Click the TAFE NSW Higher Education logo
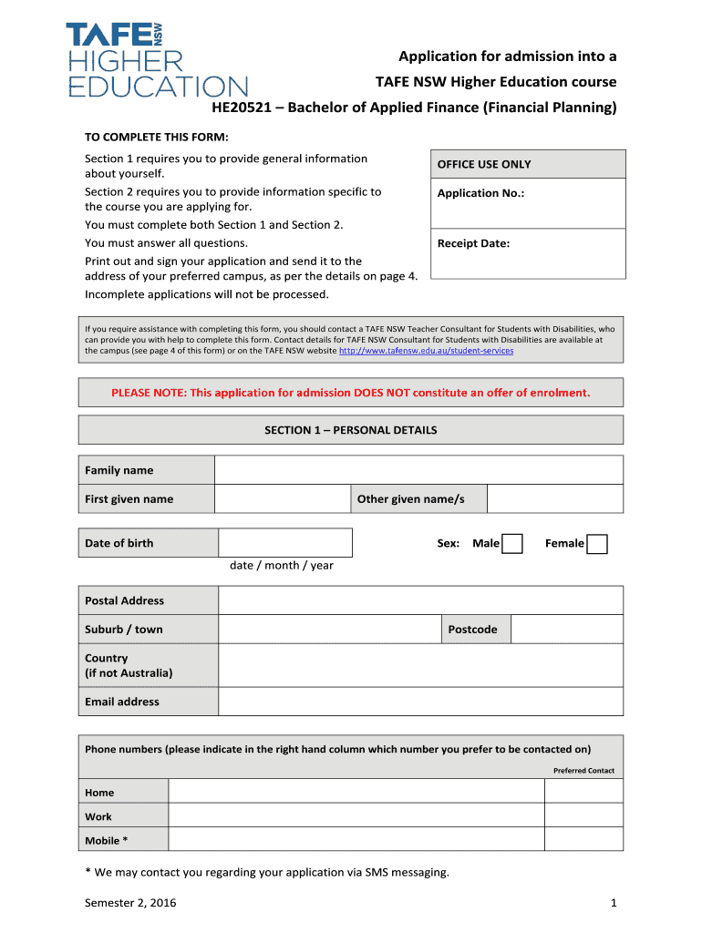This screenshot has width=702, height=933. click(x=156, y=60)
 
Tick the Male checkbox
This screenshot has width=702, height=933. click(x=513, y=544)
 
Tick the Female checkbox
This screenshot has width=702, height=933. click(x=597, y=544)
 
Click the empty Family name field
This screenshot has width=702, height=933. click(x=418, y=470)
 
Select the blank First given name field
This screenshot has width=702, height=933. click(x=283, y=499)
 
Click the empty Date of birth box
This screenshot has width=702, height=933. click(x=285, y=543)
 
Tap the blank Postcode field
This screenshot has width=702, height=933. click(x=566, y=630)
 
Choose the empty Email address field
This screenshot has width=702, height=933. click(x=420, y=702)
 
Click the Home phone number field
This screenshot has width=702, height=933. click(x=356, y=792)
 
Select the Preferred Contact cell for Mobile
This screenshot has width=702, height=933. click(x=583, y=840)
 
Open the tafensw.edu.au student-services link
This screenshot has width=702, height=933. click(x=426, y=351)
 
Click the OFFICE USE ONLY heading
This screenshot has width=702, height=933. click(x=484, y=164)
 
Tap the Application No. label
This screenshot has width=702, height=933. click(x=480, y=193)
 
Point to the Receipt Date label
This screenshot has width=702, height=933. click(x=473, y=243)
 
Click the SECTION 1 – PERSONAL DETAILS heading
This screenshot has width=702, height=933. click(x=351, y=430)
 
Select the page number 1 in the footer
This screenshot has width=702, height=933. click(x=614, y=903)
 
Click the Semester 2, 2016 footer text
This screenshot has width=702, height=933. click(x=130, y=903)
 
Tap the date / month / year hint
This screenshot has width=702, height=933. click(x=282, y=566)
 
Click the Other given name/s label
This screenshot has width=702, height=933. click(x=411, y=499)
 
